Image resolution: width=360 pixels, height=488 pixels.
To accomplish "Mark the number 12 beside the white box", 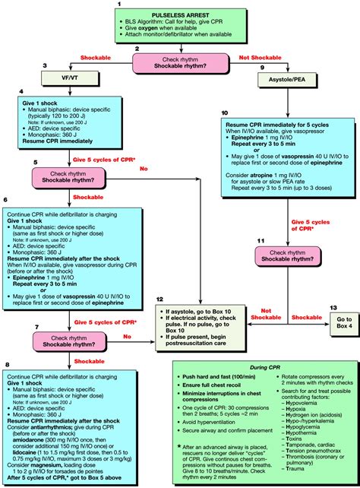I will click(x=158, y=300).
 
